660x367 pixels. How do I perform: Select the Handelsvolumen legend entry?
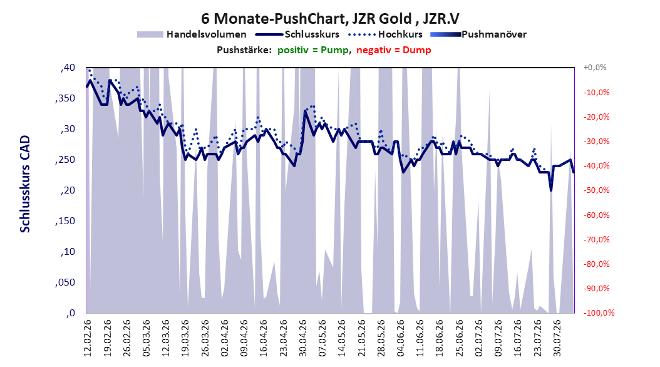click(x=192, y=34)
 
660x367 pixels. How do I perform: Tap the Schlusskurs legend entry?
click(x=297, y=34)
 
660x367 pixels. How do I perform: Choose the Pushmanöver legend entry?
click(x=478, y=34)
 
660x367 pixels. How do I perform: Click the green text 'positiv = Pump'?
click(x=312, y=50)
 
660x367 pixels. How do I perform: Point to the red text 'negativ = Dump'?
click(x=394, y=50)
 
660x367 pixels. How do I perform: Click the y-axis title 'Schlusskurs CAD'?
click(x=25, y=184)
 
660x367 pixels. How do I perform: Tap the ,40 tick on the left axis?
click(x=68, y=68)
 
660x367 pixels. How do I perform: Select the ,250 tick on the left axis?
click(x=65, y=160)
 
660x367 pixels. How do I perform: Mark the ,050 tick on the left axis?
click(x=65, y=282)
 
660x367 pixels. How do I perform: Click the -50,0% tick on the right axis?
click(x=596, y=190)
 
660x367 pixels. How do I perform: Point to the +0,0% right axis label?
click(x=595, y=68)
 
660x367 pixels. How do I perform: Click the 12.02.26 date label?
click(x=88, y=338)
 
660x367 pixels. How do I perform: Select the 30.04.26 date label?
click(x=302, y=338)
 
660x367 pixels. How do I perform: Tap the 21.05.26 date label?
click(x=361, y=338)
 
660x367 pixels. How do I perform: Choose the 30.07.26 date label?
click(x=557, y=338)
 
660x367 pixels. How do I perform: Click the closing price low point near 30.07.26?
click(x=551, y=190)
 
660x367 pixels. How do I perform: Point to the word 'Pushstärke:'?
click(x=244, y=50)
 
